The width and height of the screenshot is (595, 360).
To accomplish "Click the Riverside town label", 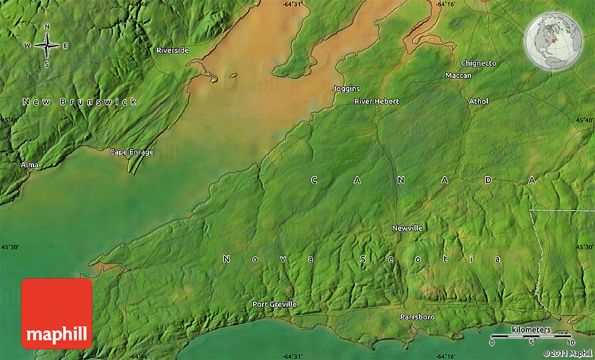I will pos(172,50).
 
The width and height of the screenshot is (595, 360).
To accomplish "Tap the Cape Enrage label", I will pos(132,152).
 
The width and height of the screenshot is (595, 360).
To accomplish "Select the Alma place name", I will pos(29,165).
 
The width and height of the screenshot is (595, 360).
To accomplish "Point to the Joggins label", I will pos(346,89).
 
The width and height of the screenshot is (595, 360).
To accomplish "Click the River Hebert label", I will pos(377,102).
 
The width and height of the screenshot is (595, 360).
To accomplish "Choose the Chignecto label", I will pos(479,64).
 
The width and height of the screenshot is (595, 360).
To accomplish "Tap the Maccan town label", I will pos(458,76).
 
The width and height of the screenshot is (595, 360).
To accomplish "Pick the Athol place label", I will pos(479,102).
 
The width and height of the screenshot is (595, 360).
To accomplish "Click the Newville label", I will pos(407,228).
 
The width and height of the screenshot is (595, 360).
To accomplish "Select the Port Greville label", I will pos(274,305).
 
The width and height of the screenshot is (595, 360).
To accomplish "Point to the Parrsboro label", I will pos(417,317).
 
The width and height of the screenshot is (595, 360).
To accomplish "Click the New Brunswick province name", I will pos(79,102).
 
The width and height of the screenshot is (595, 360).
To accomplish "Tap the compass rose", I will pos(47,46).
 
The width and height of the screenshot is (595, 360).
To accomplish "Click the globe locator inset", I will pos(553,43).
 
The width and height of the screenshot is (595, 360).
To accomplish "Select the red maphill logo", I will pos(57,313).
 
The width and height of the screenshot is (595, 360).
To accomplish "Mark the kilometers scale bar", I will pos(531,337).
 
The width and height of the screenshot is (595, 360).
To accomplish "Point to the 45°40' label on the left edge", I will pos(10,120).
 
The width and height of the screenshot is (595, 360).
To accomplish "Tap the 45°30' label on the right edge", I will pos(584,247).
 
